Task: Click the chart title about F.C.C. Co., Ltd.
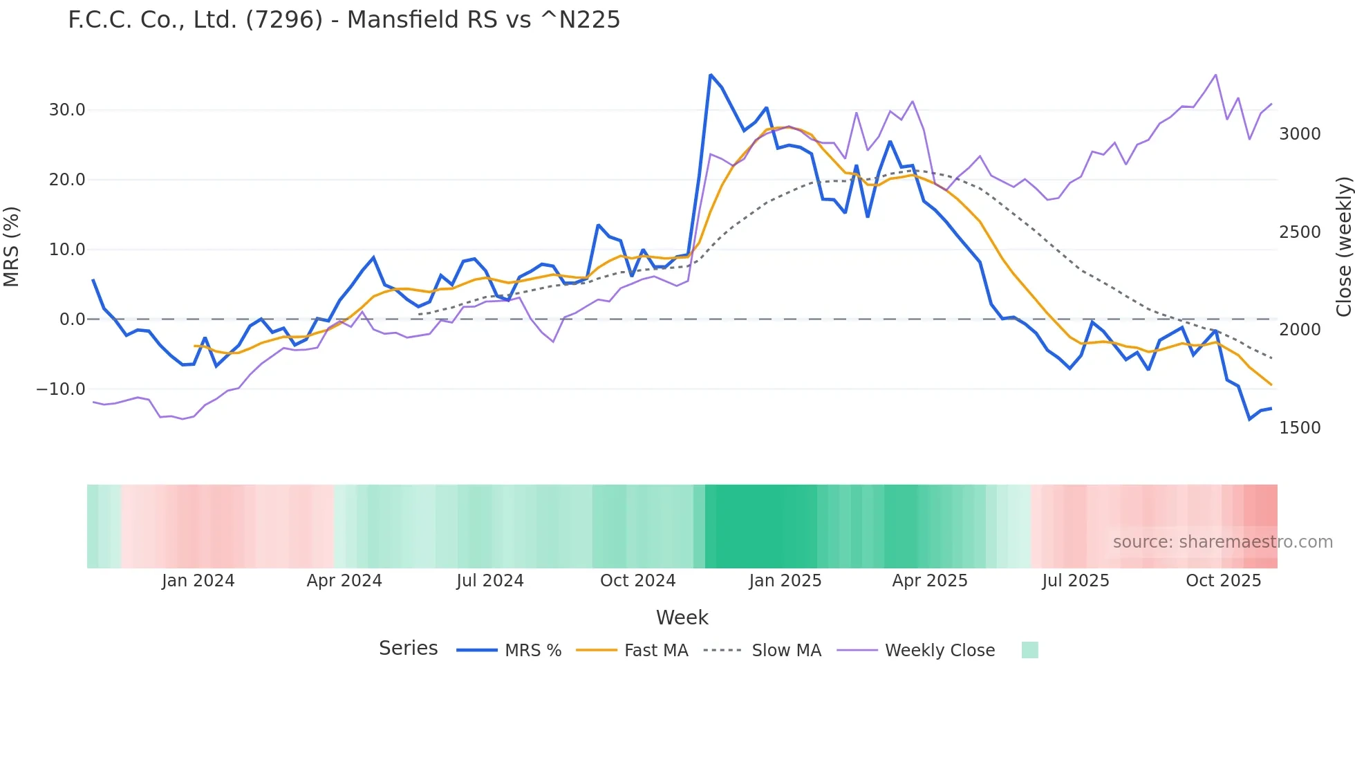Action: coord(344,20)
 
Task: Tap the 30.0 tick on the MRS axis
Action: coord(67,110)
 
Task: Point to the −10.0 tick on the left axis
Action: coord(61,389)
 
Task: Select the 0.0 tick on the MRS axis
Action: coord(72,319)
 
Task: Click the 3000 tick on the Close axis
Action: coord(1300,134)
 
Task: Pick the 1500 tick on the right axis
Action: coord(1300,428)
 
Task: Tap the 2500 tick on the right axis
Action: coord(1300,232)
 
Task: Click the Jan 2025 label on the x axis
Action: coord(785,581)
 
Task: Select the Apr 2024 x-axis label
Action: coord(344,581)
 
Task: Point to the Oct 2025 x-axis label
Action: coord(1223,581)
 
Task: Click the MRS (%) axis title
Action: coord(12,247)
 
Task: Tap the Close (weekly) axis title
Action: coord(1343,247)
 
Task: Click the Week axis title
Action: coord(682,617)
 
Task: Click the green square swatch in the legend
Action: coord(1029,650)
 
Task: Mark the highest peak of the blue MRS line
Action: coord(711,75)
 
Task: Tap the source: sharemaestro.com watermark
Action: coord(1222,542)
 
